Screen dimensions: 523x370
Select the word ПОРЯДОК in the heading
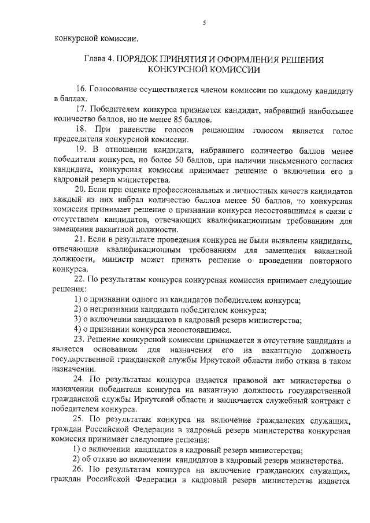click(142, 60)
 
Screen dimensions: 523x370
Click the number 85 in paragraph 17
click(168, 120)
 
